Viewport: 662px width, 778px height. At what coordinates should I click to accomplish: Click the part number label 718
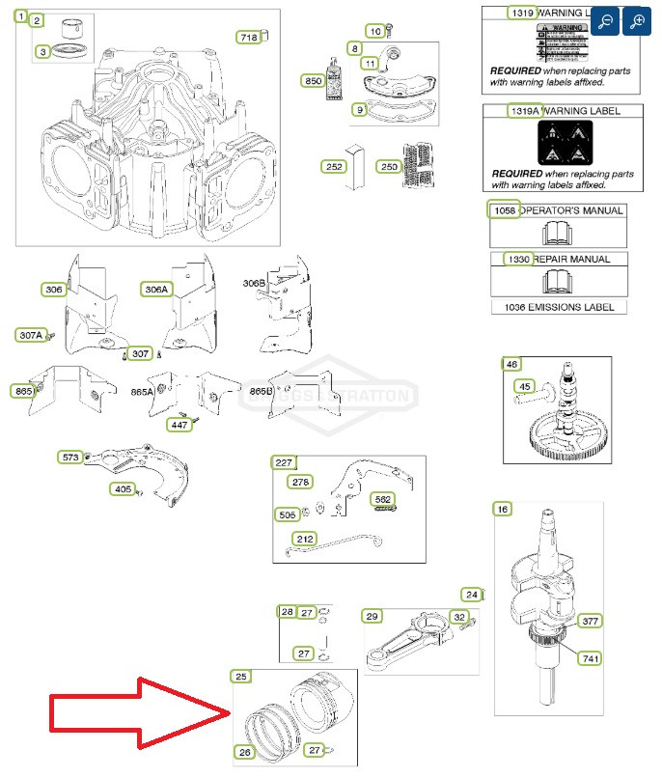[x=249, y=38]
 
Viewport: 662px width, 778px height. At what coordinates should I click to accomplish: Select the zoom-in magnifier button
[x=637, y=21]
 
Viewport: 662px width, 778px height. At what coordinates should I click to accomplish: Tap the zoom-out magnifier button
[x=605, y=21]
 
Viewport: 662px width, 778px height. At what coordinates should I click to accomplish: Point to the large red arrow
[x=135, y=712]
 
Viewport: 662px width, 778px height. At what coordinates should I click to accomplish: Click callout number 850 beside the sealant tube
[x=313, y=82]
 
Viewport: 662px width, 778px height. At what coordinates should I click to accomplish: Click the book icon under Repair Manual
[x=559, y=281]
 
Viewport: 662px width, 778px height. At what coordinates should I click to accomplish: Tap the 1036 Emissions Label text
[x=559, y=307]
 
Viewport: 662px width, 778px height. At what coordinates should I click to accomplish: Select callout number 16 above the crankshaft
[x=502, y=509]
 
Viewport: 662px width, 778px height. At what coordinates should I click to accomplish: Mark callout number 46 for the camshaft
[x=511, y=364]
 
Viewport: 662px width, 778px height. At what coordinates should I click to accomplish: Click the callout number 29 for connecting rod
[x=372, y=616]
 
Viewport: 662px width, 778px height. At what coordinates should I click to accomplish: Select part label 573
[x=71, y=457]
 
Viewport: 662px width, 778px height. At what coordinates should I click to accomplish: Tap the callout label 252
[x=334, y=166]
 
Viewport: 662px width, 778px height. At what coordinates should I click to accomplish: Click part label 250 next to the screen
[x=389, y=166]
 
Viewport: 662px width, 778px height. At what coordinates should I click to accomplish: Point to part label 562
[x=383, y=499]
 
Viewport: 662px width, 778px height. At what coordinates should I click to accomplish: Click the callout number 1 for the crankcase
[x=21, y=16]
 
